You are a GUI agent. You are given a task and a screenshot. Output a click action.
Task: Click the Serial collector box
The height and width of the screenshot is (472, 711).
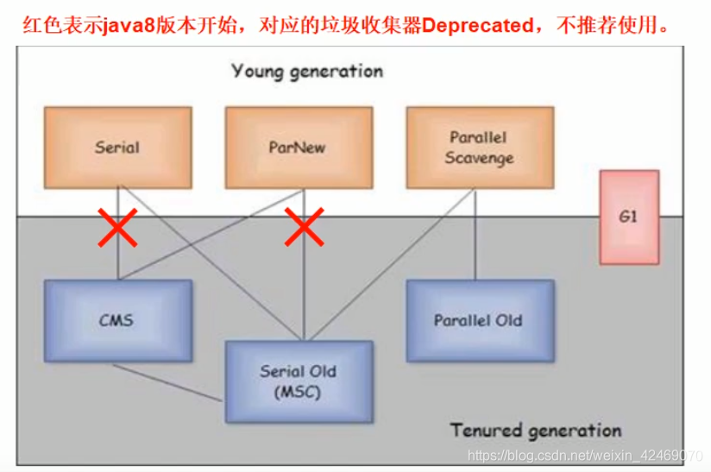[x=117, y=147]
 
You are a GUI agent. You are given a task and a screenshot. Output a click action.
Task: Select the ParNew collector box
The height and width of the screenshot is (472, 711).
[x=298, y=147]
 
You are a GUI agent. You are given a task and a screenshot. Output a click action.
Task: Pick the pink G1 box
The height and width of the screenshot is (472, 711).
[x=628, y=217]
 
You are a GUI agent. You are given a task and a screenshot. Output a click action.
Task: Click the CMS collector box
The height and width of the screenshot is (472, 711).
[x=116, y=320]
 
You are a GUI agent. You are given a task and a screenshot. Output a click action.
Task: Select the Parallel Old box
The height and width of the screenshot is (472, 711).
[x=478, y=320]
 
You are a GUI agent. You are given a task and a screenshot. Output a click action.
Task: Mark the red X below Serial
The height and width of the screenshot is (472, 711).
[x=118, y=228]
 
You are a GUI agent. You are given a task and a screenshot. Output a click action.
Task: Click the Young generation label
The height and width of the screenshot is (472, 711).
[x=306, y=71]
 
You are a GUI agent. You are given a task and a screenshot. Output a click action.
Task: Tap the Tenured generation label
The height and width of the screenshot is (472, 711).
[x=535, y=430]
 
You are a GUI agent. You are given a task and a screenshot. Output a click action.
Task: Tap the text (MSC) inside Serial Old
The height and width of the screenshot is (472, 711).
[x=299, y=392]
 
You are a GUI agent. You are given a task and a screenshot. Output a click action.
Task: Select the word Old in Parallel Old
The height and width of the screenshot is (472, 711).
[x=509, y=320]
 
